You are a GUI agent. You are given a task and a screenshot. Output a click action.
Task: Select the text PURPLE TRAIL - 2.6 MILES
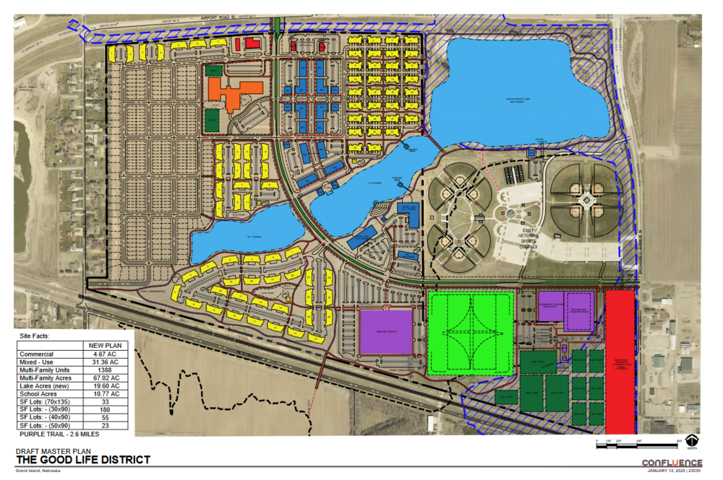coord(60,435)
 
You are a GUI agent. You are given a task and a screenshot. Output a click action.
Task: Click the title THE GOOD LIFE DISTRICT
coord(83,460)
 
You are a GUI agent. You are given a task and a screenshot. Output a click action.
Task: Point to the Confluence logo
coord(672,463)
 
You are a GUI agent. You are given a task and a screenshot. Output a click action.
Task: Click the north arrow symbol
coord(693,440)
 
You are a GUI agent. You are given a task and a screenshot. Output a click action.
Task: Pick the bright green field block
coord(470,332)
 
